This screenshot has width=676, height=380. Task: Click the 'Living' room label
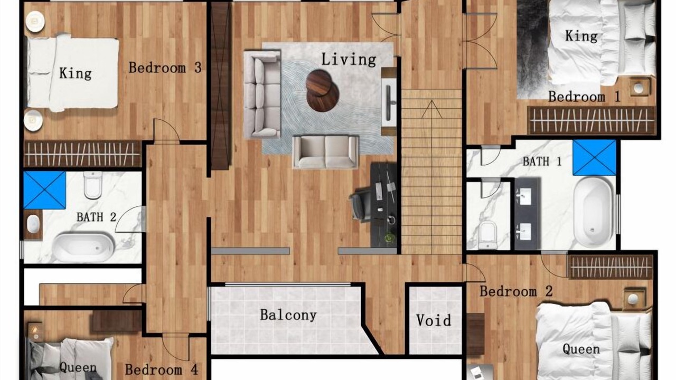(x=349, y=59)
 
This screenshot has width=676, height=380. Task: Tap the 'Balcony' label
(x=288, y=315)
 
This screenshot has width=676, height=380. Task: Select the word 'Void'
(x=434, y=320)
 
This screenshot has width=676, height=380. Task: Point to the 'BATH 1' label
(x=542, y=161)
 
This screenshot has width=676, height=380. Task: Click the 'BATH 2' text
(x=96, y=217)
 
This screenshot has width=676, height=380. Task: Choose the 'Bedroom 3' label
(x=165, y=68)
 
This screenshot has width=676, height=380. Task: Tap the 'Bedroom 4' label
(x=162, y=369)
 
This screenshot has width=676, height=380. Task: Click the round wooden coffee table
(x=322, y=90)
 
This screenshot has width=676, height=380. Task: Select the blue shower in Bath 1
(x=594, y=157)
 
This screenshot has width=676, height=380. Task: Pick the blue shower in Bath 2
(x=45, y=190)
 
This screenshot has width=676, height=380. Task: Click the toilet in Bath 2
(x=92, y=185)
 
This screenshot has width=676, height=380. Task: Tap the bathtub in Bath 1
(x=593, y=212)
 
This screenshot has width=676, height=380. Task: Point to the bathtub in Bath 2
(x=83, y=246)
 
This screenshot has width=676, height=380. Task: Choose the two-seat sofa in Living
(x=325, y=151)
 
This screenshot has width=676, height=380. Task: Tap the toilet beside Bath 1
(x=487, y=235)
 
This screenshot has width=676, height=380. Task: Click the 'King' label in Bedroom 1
(x=581, y=36)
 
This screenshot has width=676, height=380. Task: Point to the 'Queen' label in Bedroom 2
(x=581, y=349)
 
